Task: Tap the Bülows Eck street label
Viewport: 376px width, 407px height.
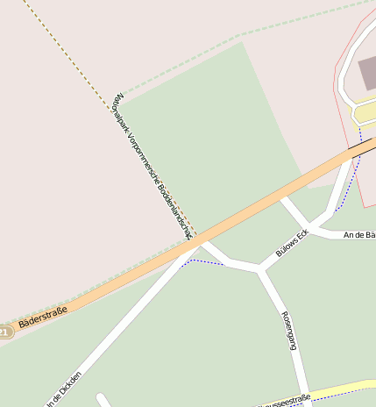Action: point(293,243)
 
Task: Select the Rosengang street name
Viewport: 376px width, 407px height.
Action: point(288,330)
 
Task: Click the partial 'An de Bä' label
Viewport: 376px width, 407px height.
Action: point(359,235)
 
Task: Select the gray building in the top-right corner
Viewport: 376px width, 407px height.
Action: point(367,73)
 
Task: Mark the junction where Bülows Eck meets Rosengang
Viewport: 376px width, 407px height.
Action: point(259,269)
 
